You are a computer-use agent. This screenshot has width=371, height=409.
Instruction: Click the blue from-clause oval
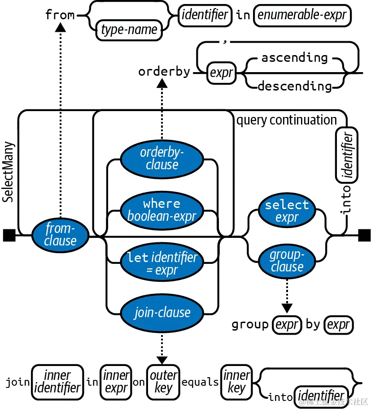[x=60, y=235]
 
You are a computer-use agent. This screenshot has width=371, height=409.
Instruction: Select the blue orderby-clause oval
[x=162, y=159]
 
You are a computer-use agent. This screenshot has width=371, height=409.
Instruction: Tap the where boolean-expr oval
[x=162, y=210]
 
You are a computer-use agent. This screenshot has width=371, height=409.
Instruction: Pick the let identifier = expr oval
[x=162, y=264]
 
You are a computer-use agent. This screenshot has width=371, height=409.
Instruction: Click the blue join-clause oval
[x=162, y=312]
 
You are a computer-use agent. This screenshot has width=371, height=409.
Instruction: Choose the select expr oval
[x=287, y=211]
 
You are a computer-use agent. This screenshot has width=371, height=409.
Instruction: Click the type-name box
[x=129, y=30]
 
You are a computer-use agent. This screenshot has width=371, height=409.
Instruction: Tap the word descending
[x=295, y=86]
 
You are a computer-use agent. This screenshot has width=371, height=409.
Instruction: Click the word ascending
[x=295, y=58]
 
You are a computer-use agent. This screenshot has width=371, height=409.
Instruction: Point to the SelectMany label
[x=9, y=172]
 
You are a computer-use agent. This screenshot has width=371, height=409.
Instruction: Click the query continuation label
[x=286, y=120]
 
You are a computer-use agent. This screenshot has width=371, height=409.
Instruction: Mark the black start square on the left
[x=9, y=235]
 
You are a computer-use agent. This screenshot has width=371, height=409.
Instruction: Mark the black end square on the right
[x=364, y=235]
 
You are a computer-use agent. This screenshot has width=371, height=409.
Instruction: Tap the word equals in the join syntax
[x=200, y=383]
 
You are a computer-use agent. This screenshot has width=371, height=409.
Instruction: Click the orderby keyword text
[x=164, y=72]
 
